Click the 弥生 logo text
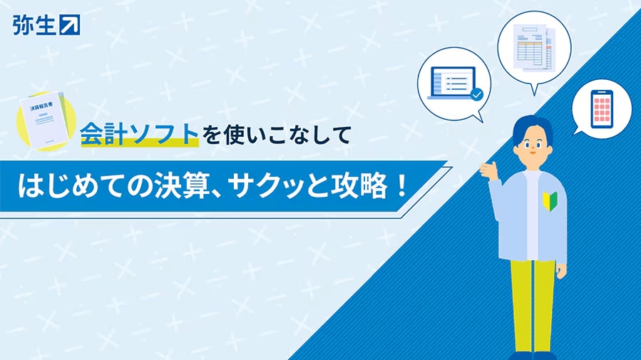34,25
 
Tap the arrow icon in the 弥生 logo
70,25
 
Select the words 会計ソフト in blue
140,133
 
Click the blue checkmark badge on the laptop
477,94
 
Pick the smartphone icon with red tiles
602,109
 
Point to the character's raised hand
489,170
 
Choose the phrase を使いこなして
277,135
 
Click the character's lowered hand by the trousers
560,270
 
